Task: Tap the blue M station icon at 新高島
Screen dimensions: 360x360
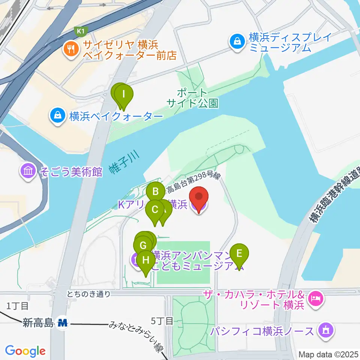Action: coord(63,322)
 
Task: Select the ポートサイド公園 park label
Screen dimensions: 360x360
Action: coord(192,98)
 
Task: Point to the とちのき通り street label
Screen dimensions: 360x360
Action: coord(89,294)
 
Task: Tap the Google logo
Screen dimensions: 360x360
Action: coord(25,351)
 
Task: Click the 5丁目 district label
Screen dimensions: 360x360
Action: coord(162,321)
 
